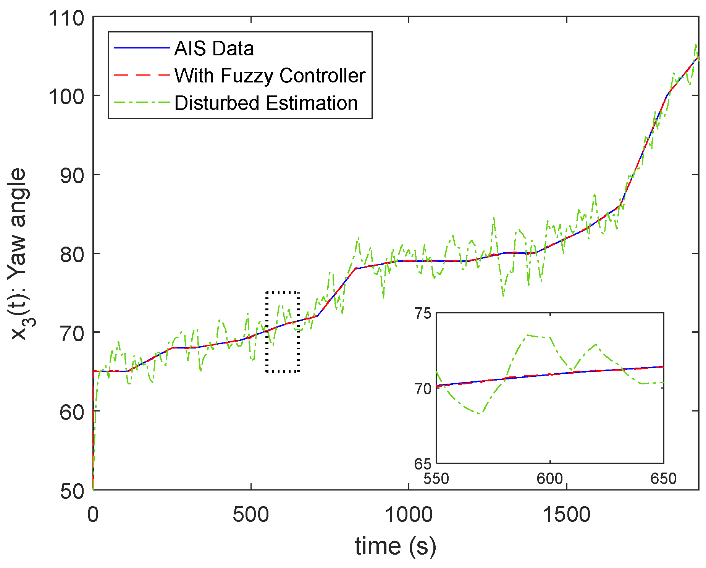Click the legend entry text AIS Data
tap(214, 48)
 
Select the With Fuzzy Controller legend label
tap(270, 76)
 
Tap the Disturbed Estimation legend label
tap(266, 103)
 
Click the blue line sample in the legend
tap(142, 48)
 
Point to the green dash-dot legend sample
tap(142, 103)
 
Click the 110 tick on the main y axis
tap(66, 18)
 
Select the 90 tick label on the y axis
tap(72, 175)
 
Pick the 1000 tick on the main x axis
tap(408, 515)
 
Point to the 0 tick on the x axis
tap(93, 515)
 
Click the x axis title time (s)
tap(395, 546)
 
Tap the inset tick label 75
tap(423, 314)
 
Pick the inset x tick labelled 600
tap(549, 478)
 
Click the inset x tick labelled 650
tap(663, 478)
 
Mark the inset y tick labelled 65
tap(423, 464)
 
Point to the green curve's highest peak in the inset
tap(528, 335)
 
